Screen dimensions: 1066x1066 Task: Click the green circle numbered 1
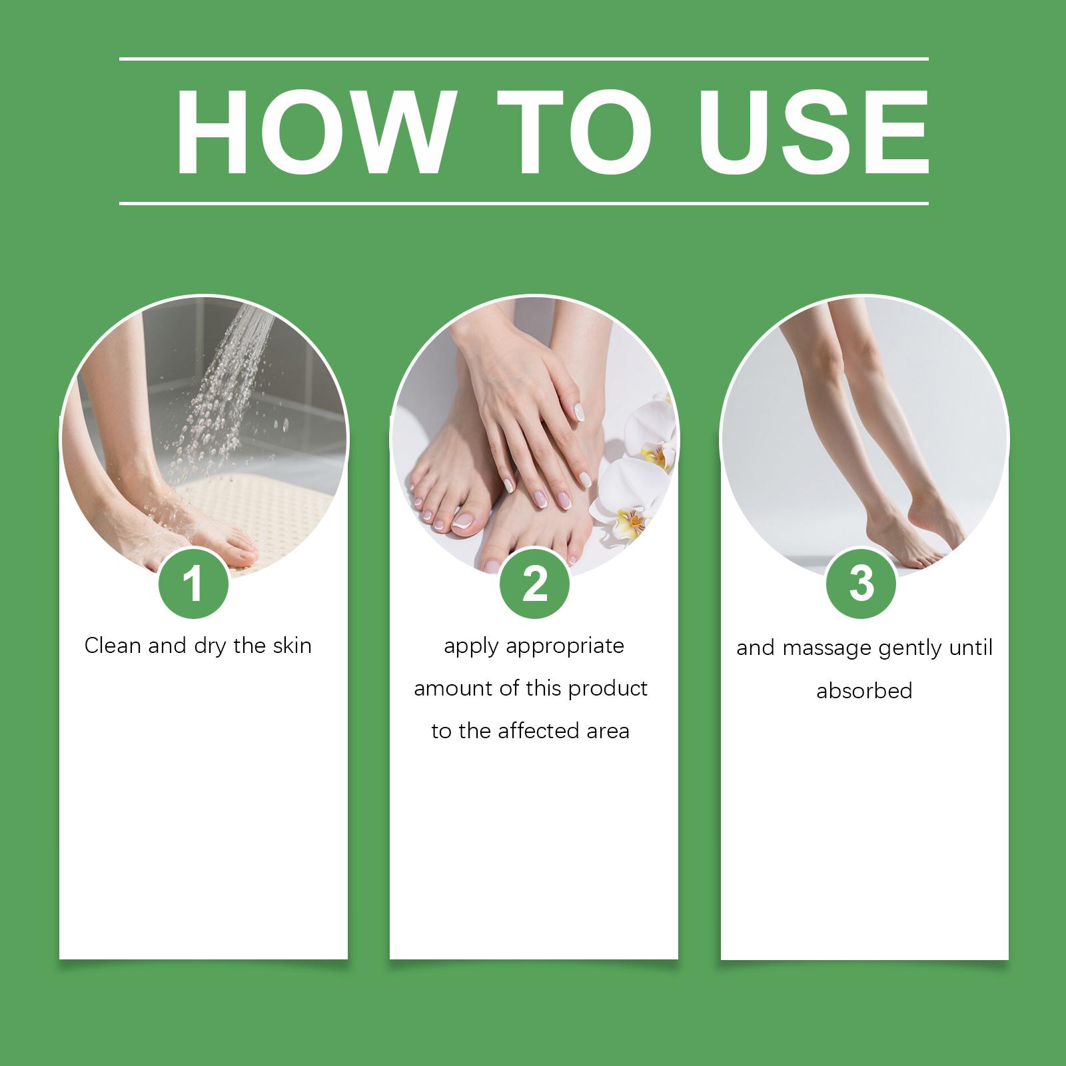point(193,584)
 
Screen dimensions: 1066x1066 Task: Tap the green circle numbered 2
point(534,584)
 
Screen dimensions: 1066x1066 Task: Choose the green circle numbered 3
point(861,584)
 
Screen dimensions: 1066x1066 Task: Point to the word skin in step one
point(292,646)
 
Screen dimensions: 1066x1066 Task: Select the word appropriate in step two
point(565,647)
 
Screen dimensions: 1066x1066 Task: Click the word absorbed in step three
point(864,690)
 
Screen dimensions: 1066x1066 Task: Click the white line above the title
point(524,59)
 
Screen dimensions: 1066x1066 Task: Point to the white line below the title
point(524,203)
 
